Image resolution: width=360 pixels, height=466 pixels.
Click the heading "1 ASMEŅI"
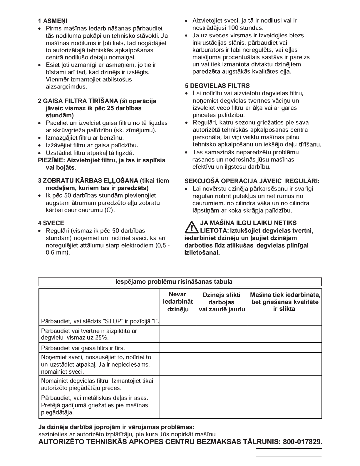tap(53, 21)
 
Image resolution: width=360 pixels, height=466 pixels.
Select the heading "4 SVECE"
tap(51, 223)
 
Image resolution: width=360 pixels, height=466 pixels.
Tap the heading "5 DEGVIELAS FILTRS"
tap(217, 86)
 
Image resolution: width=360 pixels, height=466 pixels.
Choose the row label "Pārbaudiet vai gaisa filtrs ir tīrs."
tap(83, 348)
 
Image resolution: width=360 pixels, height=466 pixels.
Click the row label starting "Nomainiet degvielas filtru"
tap(97, 384)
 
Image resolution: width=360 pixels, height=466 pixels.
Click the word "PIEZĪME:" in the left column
tap(52, 160)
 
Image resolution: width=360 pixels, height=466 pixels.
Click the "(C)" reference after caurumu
tap(109, 210)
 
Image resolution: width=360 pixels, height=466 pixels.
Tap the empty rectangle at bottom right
tap(289, 453)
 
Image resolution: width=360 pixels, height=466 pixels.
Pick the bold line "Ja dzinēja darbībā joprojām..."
tap(116, 427)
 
